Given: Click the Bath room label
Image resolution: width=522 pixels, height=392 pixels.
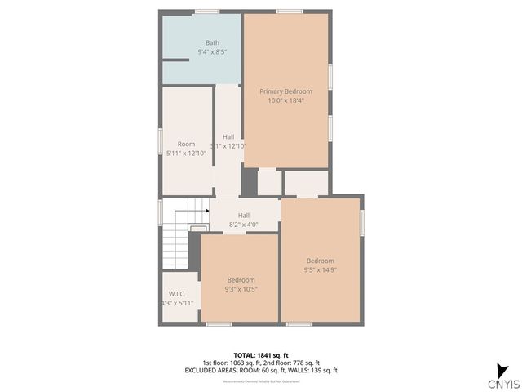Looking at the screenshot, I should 212,42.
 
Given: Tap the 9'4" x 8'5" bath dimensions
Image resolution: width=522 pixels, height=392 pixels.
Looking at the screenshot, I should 212,52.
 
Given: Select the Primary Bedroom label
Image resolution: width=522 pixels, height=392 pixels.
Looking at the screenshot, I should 285,91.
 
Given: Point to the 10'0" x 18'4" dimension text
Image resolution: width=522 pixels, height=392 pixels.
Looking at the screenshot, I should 285,100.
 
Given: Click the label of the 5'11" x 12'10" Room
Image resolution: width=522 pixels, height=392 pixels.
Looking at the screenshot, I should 186,144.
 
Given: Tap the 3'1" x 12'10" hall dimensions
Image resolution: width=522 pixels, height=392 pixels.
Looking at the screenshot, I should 228,146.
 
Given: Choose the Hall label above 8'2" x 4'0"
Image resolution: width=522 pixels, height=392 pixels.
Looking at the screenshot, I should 243,215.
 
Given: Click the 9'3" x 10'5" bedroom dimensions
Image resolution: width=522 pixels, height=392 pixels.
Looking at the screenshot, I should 241,289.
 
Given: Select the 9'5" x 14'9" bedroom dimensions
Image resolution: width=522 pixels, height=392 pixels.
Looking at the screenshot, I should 321,269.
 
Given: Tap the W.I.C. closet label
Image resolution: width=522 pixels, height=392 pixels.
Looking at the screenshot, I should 177,294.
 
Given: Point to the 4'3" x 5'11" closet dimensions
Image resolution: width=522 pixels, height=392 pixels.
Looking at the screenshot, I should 178,303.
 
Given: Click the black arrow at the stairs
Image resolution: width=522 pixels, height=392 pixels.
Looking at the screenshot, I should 207,211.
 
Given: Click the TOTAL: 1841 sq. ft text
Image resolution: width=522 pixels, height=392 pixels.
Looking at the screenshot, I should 260,355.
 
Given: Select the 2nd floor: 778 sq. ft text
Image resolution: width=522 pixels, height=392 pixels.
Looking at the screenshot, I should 292,363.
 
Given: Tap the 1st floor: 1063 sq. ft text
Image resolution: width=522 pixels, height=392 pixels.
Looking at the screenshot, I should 232,363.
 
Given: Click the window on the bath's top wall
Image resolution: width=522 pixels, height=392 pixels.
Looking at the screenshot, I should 206,11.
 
